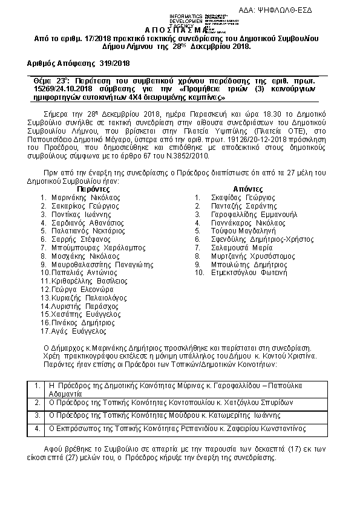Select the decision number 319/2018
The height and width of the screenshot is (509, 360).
point(114,62)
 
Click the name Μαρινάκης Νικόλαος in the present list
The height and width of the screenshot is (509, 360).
point(85,197)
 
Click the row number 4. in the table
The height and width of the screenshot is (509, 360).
point(38,429)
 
